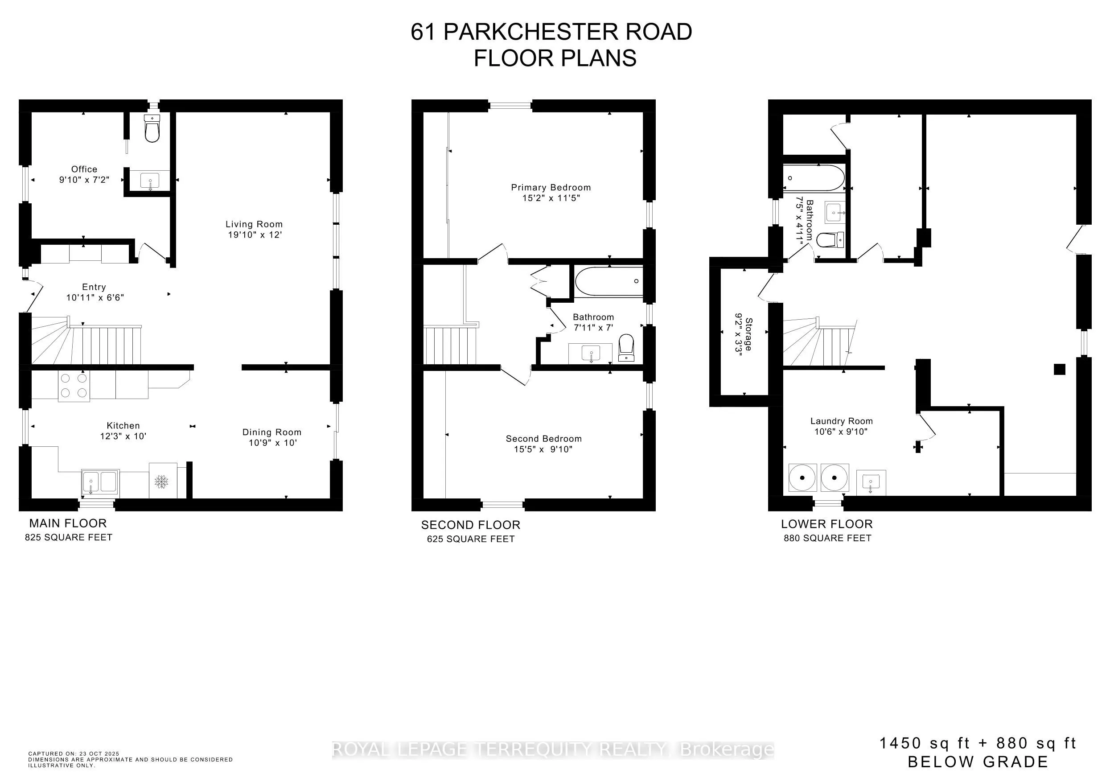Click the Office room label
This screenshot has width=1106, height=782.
click(84, 169)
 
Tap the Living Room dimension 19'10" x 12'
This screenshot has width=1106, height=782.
click(255, 235)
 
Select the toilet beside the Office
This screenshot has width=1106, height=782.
click(152, 129)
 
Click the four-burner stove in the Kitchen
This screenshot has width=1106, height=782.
click(74, 386)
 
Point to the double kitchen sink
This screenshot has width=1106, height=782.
click(100, 482)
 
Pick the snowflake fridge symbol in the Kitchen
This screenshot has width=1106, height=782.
click(161, 481)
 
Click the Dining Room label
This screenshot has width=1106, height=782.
click(271, 432)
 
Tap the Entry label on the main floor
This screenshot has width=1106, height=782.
click(94, 287)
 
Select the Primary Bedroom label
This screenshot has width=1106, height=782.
click(551, 187)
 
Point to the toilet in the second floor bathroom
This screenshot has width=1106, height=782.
click(626, 347)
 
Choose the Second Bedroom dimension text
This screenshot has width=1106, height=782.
click(543, 449)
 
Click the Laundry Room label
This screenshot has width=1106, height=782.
click(841, 421)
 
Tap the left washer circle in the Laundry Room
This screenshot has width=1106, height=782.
click(802, 477)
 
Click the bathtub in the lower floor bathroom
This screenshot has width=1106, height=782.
click(813, 178)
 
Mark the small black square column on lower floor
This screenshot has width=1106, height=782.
click(1059, 370)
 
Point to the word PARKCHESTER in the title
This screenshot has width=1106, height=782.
click(530, 32)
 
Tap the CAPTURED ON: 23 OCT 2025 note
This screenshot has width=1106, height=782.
click(73, 753)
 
